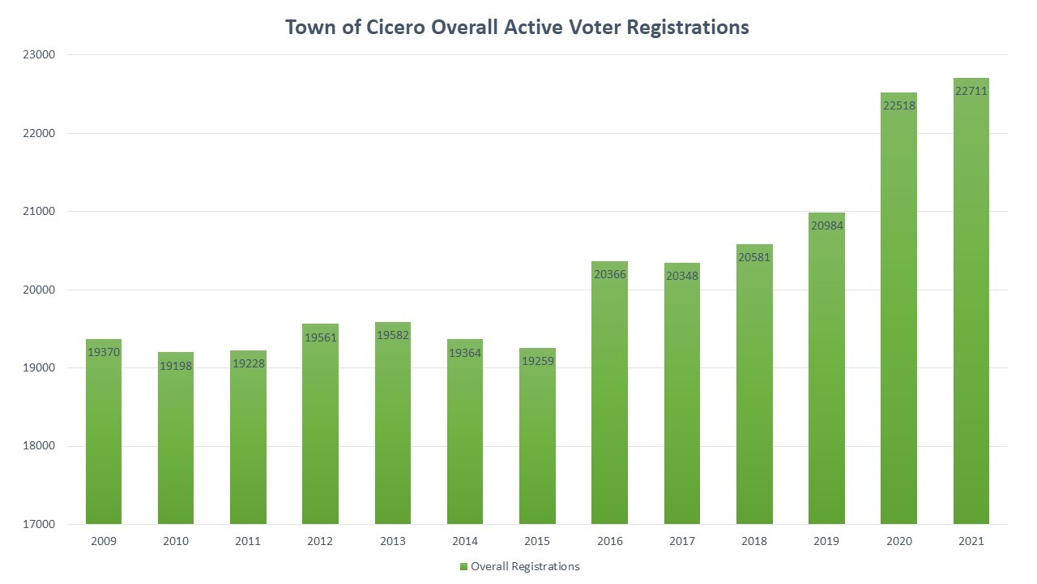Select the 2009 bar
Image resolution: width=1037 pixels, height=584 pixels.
point(104,438)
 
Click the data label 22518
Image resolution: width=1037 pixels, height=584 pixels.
point(899,105)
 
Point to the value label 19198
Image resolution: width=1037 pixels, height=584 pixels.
point(176,366)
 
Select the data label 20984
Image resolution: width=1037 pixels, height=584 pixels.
point(827,225)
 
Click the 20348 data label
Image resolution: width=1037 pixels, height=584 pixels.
point(682,276)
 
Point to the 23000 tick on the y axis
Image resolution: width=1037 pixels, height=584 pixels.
point(37,55)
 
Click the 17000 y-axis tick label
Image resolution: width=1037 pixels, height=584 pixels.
point(37,524)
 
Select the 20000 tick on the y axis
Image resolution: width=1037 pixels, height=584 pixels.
point(37,290)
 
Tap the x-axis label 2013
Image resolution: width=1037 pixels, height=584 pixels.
point(393,542)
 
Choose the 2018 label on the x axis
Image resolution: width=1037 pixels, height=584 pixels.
point(754,542)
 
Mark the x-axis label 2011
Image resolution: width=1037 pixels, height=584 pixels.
point(248,542)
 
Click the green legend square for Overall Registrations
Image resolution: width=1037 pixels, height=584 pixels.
point(463,566)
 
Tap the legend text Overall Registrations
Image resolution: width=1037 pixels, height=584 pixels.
point(525,566)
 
